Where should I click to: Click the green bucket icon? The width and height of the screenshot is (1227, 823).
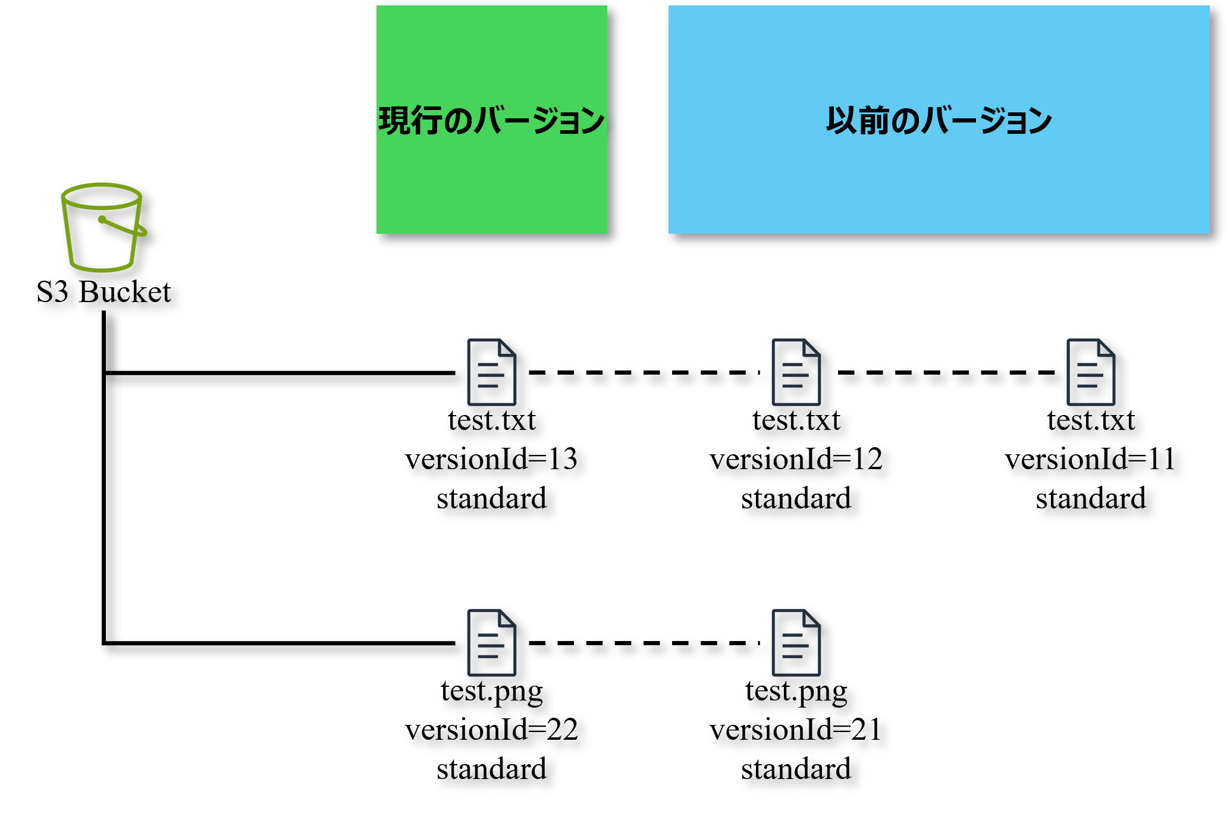(102, 228)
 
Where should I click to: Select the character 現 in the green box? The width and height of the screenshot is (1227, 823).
(394, 121)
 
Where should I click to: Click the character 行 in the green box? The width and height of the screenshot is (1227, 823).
(426, 121)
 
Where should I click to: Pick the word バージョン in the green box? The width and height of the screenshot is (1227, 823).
(540, 121)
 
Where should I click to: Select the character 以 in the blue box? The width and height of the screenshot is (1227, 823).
(842, 121)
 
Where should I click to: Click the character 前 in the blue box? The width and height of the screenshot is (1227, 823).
(874, 121)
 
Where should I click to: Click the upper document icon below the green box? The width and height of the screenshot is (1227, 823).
(491, 372)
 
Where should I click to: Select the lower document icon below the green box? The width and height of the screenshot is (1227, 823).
(491, 643)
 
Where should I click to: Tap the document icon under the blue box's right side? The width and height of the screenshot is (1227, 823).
(1090, 372)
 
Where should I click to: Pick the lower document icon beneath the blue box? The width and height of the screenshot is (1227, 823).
(796, 643)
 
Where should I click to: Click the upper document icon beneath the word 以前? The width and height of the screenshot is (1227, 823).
(796, 372)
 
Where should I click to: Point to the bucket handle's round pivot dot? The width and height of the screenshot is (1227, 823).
(102, 219)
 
